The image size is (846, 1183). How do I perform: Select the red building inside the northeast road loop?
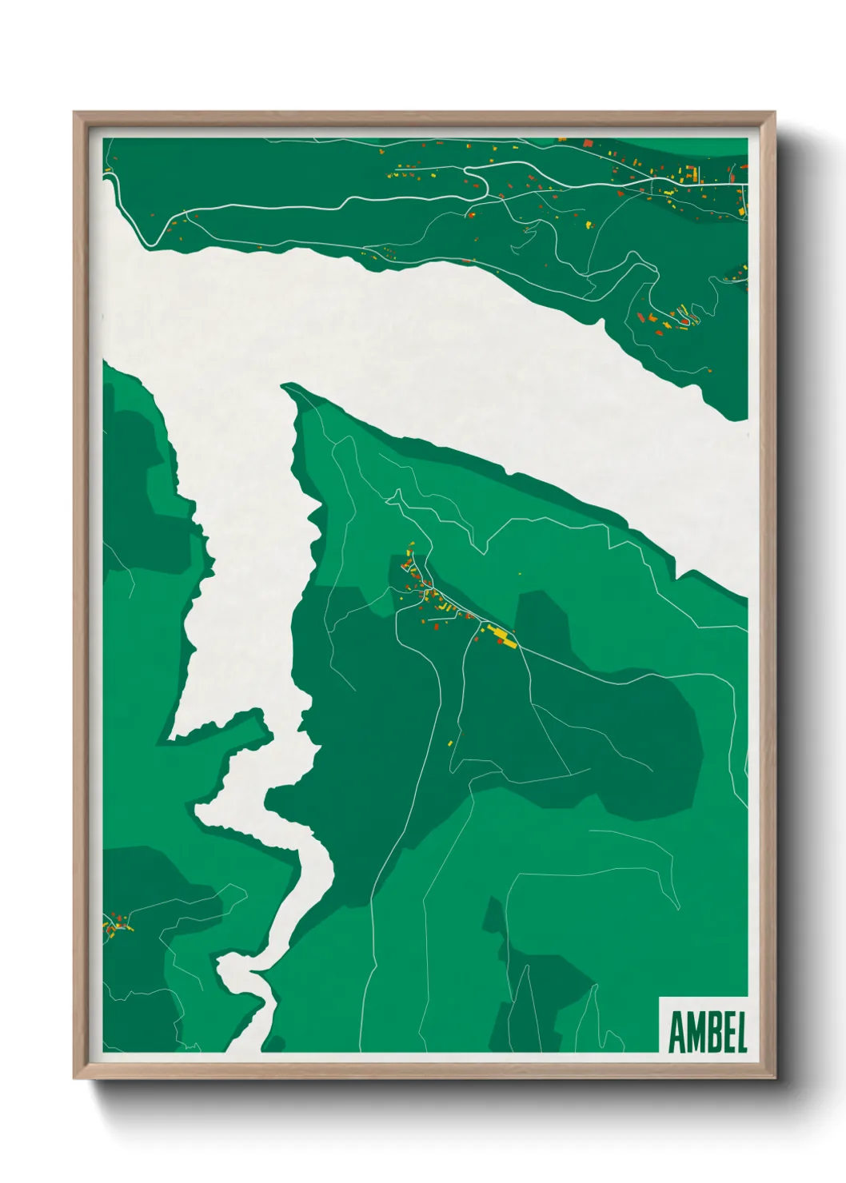coord(684,321)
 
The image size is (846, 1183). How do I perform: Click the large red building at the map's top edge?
coord(588,143)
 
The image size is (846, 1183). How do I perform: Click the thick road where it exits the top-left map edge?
coord(106,174)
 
